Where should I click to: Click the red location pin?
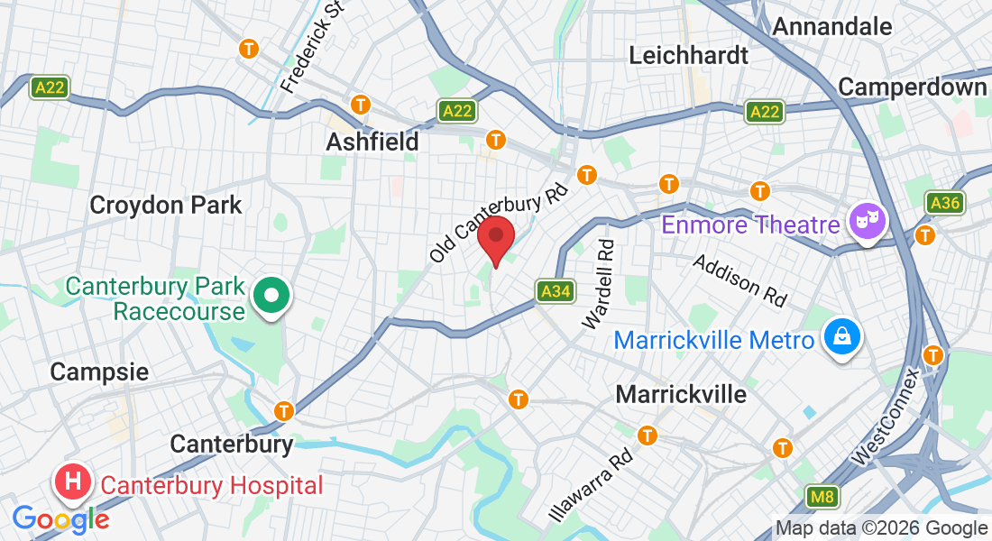click(495, 239)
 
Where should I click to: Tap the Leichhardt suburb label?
click(688, 55)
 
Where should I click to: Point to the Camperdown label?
click(913, 87)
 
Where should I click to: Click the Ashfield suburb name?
click(372, 142)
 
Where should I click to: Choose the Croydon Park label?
click(166, 205)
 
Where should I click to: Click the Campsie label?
click(99, 371)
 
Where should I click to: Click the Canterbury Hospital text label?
click(212, 486)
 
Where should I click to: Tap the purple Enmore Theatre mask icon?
click(868, 219)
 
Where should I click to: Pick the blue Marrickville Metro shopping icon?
click(841, 338)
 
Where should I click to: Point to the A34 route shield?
click(556, 291)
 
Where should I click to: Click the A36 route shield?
click(945, 203)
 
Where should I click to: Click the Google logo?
click(61, 519)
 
